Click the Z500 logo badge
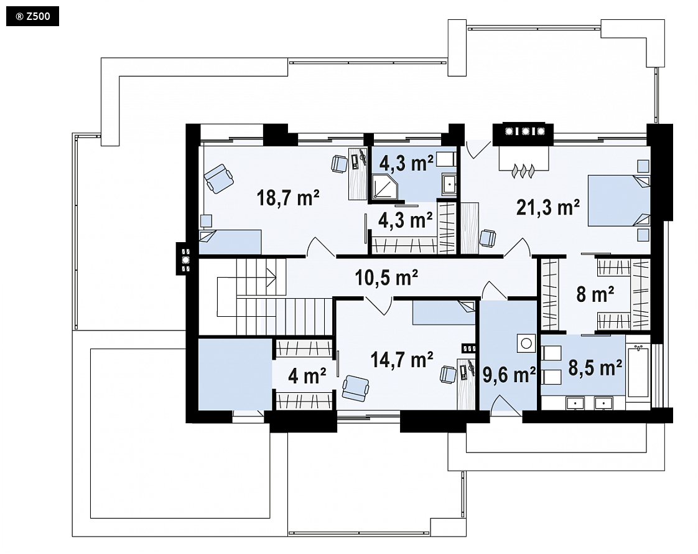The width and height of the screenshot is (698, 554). (x=32, y=17)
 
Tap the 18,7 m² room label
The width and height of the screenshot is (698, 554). (x=288, y=197)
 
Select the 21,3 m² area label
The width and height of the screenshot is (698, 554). (x=548, y=207)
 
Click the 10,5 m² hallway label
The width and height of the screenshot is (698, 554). (x=386, y=278)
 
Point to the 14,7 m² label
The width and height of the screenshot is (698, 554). (x=402, y=359)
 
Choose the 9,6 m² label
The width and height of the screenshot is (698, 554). (x=510, y=375)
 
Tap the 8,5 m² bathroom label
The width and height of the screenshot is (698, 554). (x=595, y=368)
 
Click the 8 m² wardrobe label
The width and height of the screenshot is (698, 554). (x=595, y=294)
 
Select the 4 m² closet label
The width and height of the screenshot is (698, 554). (x=307, y=376)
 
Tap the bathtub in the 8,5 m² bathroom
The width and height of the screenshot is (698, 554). (x=638, y=370)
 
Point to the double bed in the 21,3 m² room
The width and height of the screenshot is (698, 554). (x=619, y=200)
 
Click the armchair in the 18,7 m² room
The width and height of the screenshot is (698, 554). (x=218, y=178)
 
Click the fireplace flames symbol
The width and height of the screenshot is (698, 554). (x=523, y=171)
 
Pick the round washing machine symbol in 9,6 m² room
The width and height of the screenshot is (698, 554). (x=527, y=344)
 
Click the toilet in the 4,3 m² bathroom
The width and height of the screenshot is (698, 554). (x=445, y=159)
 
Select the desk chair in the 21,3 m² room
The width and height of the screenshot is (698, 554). (x=488, y=238)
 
